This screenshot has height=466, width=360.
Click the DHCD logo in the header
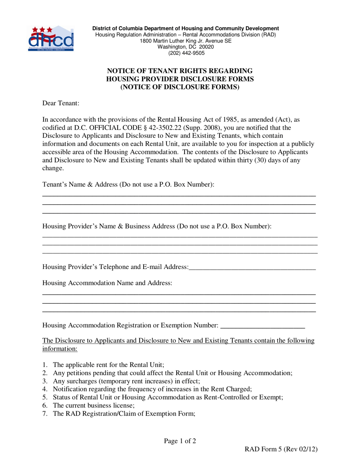coord(51,39)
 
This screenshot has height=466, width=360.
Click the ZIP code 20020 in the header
coord(207,47)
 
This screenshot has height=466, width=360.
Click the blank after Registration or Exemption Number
coord(262,326)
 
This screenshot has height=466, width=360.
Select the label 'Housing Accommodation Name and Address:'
coord(107,283)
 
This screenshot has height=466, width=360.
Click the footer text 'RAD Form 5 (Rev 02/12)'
coord(281,449)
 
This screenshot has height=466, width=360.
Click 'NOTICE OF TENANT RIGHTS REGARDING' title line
coord(180,71)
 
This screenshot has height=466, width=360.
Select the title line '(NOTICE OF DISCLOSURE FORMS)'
coord(180,87)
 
